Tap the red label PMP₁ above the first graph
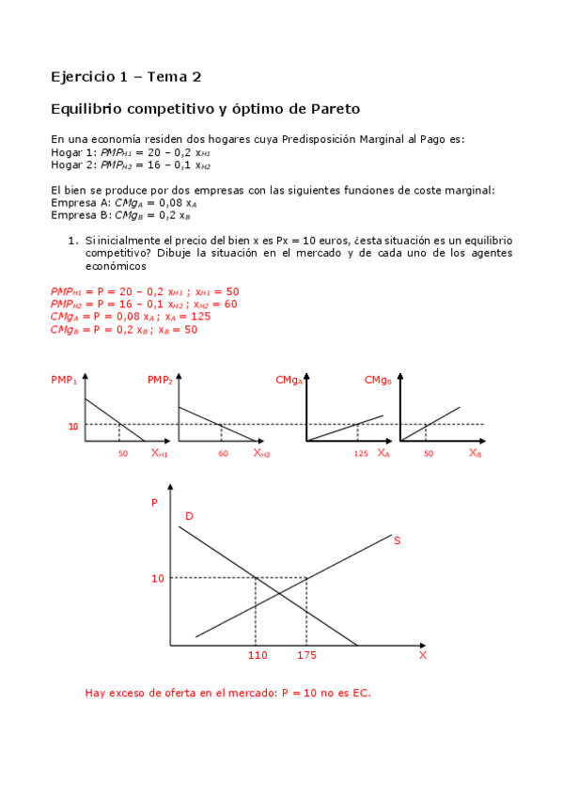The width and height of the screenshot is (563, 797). click(x=63, y=381)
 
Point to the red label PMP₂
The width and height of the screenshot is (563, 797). click(x=159, y=381)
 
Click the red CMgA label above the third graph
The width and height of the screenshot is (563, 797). click(x=288, y=381)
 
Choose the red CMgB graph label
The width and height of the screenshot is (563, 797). click(x=377, y=381)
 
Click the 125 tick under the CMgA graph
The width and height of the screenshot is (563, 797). click(x=361, y=454)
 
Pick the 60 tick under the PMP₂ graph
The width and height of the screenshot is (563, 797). click(x=223, y=454)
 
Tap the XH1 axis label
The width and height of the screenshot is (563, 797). click(x=159, y=453)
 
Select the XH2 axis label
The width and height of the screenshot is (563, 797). click(x=261, y=453)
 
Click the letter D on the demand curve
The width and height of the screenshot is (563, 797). click(x=189, y=516)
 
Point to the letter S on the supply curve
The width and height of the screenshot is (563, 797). click(x=397, y=540)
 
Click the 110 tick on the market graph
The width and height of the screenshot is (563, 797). click(x=257, y=655)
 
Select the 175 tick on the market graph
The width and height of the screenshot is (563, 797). click(x=307, y=655)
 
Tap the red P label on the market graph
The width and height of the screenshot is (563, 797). click(x=155, y=503)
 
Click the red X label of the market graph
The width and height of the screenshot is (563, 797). click(x=422, y=655)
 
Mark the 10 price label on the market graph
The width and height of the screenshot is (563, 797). click(x=158, y=578)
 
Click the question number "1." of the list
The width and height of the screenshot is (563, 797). click(x=71, y=241)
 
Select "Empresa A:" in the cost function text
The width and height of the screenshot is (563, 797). click(x=81, y=202)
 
